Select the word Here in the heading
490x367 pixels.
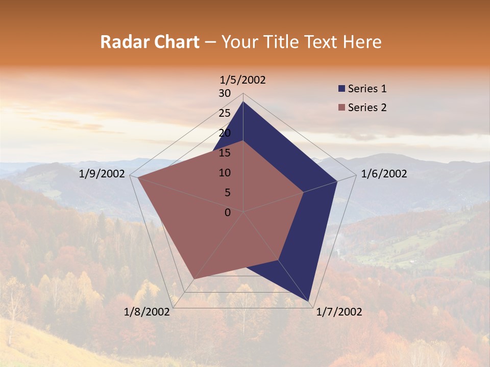tap(362, 42)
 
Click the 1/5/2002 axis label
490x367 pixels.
tap(243, 80)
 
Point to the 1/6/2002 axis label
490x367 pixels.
tap(384, 174)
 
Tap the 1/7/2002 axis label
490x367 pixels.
tap(339, 312)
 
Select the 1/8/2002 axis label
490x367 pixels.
tap(147, 312)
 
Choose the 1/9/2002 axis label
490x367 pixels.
tap(102, 174)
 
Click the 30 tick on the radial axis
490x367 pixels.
tap(225, 93)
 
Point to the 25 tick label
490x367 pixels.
tap(225, 113)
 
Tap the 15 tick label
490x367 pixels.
tap(225, 153)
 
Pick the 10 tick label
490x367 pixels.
tap(225, 173)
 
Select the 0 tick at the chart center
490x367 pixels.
tap(228, 213)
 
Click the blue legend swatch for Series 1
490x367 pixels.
tap(341, 89)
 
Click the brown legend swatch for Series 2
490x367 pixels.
tap(341, 108)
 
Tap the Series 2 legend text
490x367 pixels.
tap(367, 108)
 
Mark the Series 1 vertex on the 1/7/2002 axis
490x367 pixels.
tap(308, 300)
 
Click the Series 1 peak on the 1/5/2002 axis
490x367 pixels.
tap(243, 102)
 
